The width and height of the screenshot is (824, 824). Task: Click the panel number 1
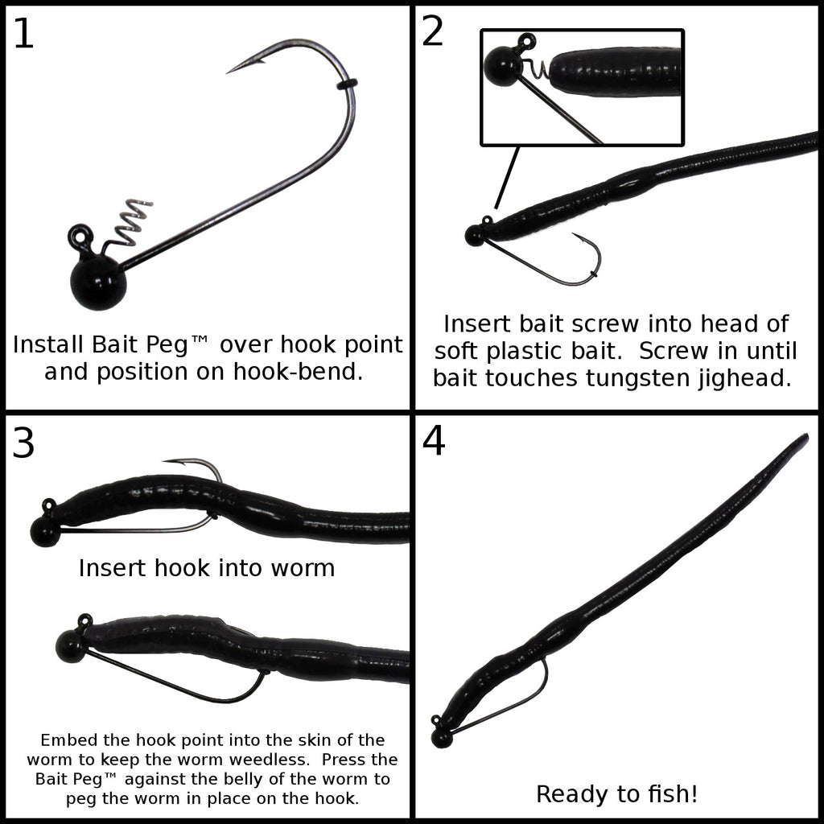pos(23,34)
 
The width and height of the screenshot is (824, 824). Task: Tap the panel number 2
pos(432,31)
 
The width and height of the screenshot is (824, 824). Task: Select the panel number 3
pos(23,443)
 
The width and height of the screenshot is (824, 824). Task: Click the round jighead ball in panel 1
pos(99,282)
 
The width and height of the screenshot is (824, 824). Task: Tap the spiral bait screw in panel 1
pos(129,222)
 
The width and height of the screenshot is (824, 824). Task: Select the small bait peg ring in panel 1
pos(346,84)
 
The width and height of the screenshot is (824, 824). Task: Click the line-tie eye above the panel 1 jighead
pos(81,236)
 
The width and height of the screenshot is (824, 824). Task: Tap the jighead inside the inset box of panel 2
pos(503,66)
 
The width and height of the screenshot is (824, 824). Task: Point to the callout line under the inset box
pos(507,177)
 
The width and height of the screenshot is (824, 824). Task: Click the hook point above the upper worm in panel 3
pos(176,462)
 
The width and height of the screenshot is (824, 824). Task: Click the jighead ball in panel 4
pos(442,737)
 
